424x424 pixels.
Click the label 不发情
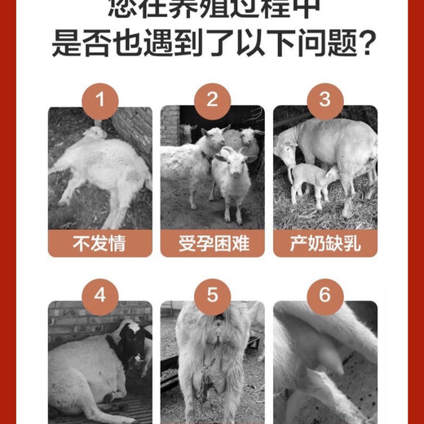(x=99, y=243)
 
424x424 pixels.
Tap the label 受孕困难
(x=212, y=243)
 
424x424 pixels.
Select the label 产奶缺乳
(x=325, y=243)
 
